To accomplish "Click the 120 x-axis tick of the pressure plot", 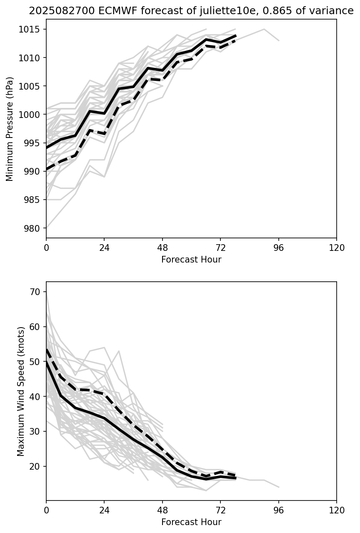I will pyautogui.click(x=337, y=248).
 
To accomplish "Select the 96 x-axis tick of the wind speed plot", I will pyautogui.click(x=278, y=510).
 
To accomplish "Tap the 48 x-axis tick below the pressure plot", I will pyautogui.click(x=162, y=248).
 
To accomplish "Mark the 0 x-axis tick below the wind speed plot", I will pyautogui.click(x=46, y=510).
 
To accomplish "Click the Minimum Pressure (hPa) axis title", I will pyautogui.click(x=10, y=129).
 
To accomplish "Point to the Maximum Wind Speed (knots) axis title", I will pyautogui.click(x=21, y=391).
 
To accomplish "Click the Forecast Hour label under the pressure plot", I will pyautogui.click(x=191, y=260).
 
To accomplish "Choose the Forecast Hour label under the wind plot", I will pyautogui.click(x=191, y=522).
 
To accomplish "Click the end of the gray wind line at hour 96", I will pyautogui.click(x=278, y=487).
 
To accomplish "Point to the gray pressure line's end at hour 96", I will pyautogui.click(x=278, y=40).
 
